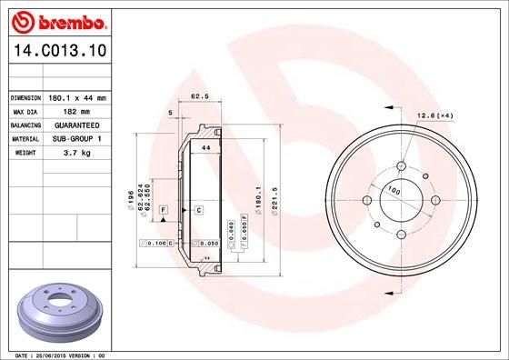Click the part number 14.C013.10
(x=57, y=54)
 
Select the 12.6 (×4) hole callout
(x=434, y=115)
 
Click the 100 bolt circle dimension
(x=394, y=191)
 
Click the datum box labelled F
(x=162, y=210)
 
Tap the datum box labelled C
(x=197, y=210)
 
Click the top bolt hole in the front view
(x=401, y=166)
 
